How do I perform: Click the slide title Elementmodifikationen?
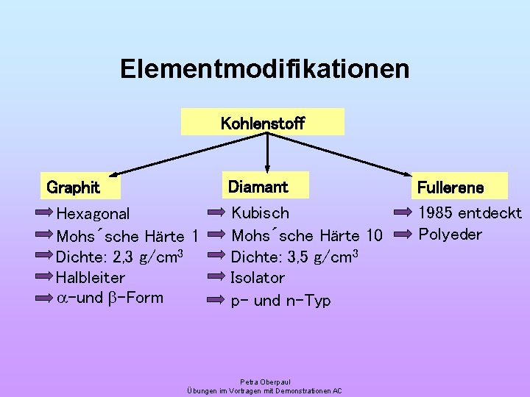(265, 69)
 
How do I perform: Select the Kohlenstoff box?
(263, 123)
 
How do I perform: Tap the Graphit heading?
(74, 187)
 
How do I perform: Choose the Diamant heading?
(258, 187)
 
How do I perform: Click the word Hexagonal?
(93, 214)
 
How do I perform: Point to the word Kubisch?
(261, 213)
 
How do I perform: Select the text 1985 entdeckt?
(470, 213)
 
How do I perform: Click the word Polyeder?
(450, 235)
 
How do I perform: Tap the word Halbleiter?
(91, 277)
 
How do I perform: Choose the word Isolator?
(258, 277)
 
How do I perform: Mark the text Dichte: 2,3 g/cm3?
(119, 257)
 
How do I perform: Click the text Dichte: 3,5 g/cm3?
(294, 257)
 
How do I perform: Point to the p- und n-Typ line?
(280, 300)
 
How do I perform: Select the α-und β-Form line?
(110, 298)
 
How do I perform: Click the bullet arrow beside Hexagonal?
(44, 214)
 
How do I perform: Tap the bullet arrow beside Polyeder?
(404, 235)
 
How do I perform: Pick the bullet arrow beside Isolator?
(216, 277)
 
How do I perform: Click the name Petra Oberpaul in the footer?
(265, 382)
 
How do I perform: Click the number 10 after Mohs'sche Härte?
(373, 236)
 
